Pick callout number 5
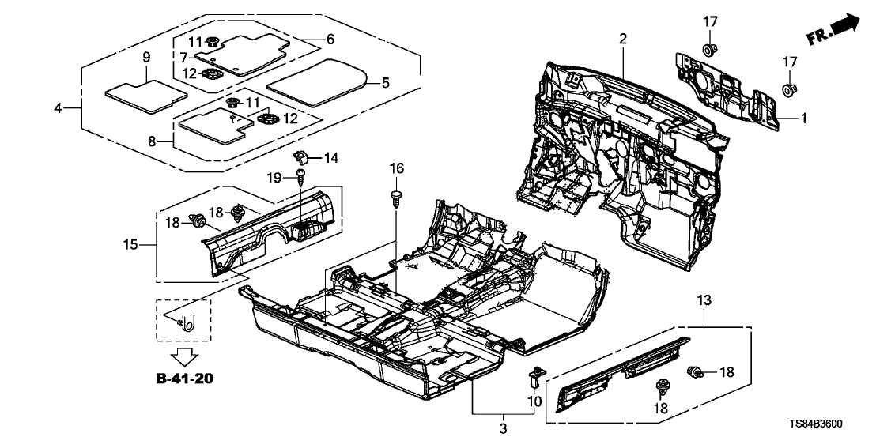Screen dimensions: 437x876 tap(386, 81)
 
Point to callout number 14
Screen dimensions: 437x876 tap(330, 158)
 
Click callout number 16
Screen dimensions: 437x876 tap(396, 168)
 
